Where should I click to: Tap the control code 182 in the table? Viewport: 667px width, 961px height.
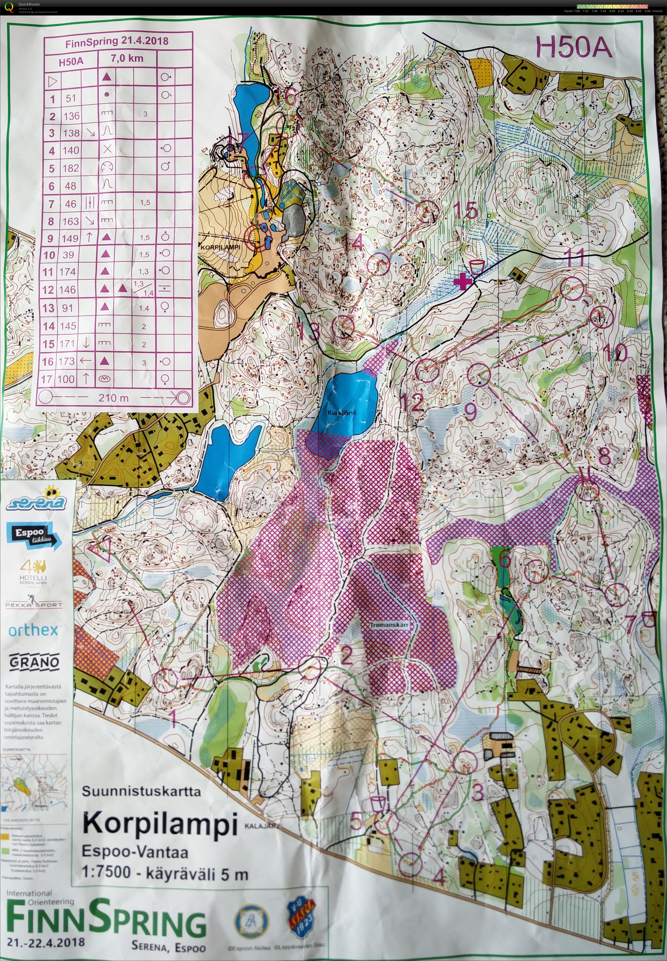71,168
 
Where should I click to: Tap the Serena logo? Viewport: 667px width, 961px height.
36,499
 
